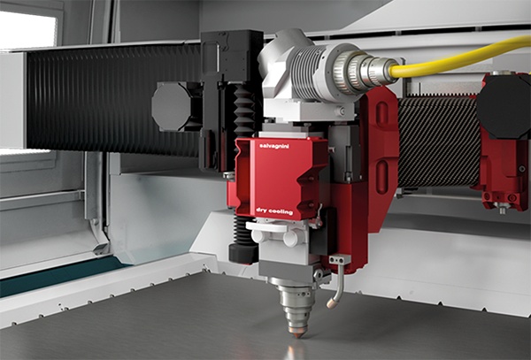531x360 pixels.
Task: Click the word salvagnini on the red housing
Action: [x=273, y=146]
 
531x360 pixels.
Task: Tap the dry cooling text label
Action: [x=274, y=211]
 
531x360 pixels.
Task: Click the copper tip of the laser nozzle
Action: [x=298, y=334]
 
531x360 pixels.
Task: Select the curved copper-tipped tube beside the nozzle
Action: [x=338, y=287]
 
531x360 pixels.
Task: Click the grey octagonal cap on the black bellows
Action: [x=172, y=106]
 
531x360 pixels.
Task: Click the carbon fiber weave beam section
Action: [x=440, y=142]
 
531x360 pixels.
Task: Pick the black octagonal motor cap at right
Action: [x=504, y=105]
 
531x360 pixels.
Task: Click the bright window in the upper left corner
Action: [x=28, y=30]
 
